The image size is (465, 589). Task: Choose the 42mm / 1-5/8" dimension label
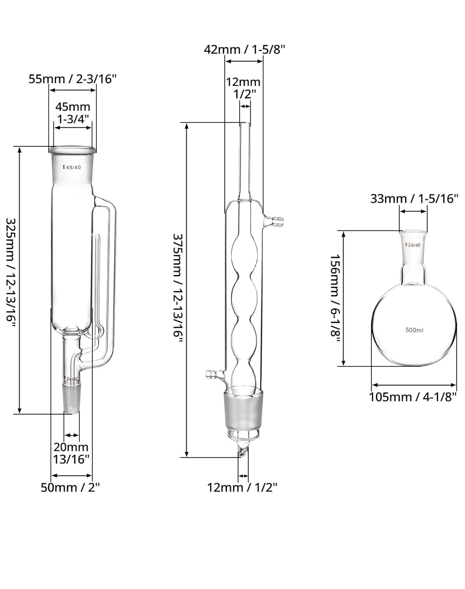pyautogui.click(x=245, y=50)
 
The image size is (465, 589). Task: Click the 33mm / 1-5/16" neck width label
pyautogui.click(x=414, y=198)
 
